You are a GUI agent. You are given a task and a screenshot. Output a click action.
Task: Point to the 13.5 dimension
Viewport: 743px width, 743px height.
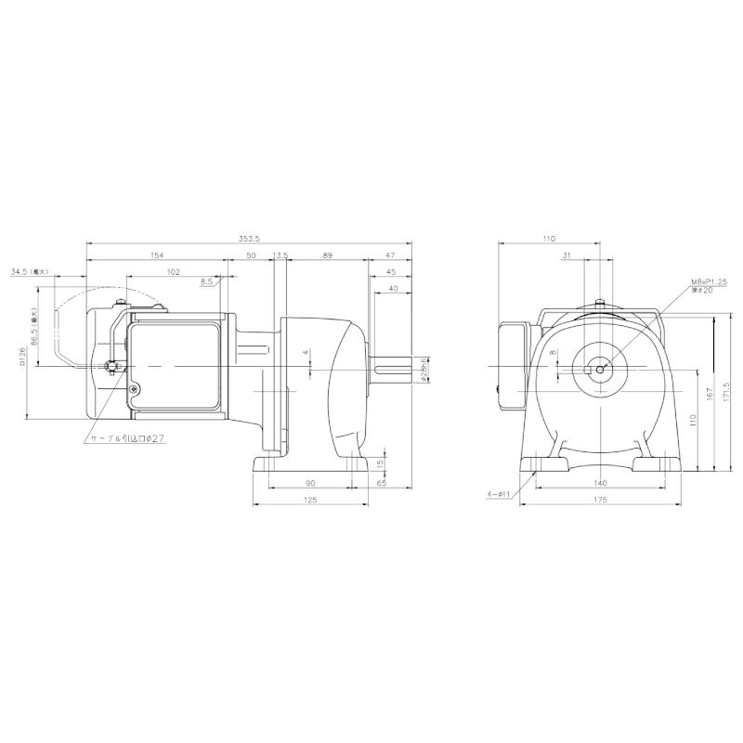(x=281, y=254)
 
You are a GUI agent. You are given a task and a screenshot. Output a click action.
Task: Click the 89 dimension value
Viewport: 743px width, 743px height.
(x=328, y=254)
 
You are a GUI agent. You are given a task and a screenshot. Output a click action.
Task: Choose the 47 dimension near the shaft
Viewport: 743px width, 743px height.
(x=389, y=254)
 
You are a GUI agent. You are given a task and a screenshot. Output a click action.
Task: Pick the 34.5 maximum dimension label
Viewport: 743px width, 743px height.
(x=29, y=272)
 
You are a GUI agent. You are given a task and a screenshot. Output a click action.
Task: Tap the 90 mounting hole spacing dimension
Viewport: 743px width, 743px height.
(x=310, y=483)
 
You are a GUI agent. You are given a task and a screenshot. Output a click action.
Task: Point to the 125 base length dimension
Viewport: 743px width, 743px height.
(x=310, y=501)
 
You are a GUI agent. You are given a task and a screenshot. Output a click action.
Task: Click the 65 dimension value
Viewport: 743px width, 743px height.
(x=382, y=483)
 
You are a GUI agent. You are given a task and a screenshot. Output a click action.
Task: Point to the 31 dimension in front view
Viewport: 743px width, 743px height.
(x=566, y=254)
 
